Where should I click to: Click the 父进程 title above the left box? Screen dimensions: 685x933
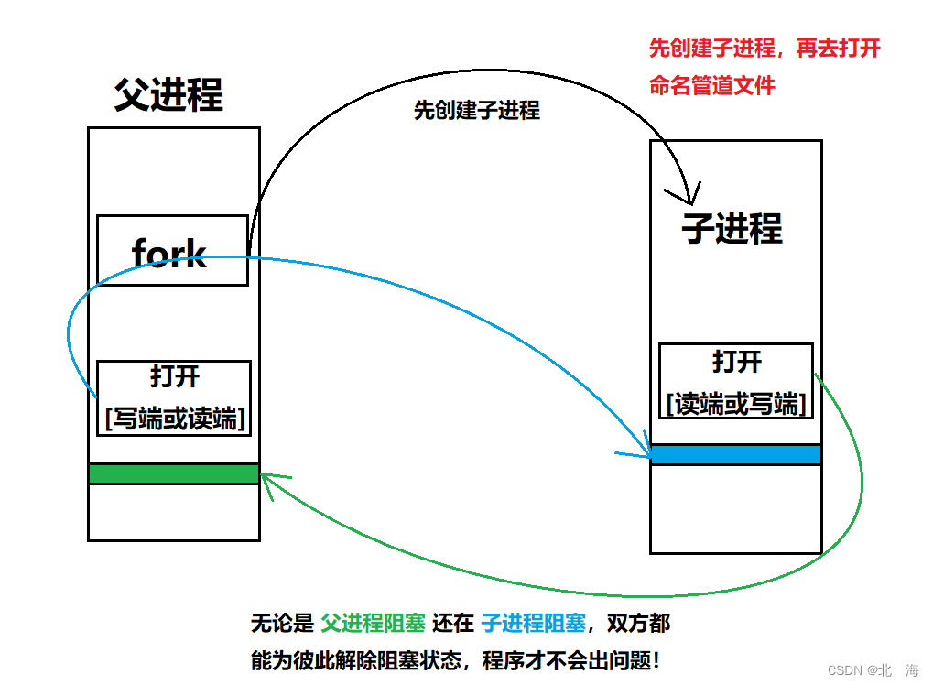click(x=168, y=94)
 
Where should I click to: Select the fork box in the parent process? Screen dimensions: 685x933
click(x=172, y=250)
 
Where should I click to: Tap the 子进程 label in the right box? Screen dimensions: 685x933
click(x=732, y=227)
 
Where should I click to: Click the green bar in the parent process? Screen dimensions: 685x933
click(x=174, y=473)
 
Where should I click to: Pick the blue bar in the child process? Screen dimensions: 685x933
click(x=735, y=454)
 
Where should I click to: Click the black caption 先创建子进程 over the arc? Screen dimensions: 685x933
click(x=476, y=111)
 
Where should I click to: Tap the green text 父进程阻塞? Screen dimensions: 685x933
click(x=373, y=625)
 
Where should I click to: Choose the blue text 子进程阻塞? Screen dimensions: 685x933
click(x=533, y=625)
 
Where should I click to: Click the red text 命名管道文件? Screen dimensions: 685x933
click(x=711, y=86)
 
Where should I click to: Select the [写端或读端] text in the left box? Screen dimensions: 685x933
click(x=174, y=419)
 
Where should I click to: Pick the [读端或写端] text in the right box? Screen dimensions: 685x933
click(x=736, y=403)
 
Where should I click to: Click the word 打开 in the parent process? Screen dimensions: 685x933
click(x=174, y=376)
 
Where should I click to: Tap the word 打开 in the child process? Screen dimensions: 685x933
click(x=736, y=361)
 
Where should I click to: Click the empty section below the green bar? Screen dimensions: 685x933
click(x=174, y=511)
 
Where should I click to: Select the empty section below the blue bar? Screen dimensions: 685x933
click(x=735, y=508)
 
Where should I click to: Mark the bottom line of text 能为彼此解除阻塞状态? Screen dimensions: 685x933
click(x=454, y=659)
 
